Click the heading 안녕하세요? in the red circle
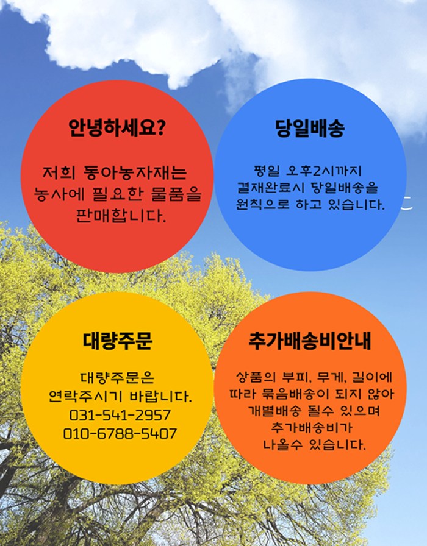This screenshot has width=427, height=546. [117, 128]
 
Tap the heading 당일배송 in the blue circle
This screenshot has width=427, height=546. [310, 128]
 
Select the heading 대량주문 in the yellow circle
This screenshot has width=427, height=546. [118, 340]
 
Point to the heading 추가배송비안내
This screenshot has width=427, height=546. [310, 340]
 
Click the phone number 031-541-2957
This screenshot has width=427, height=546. [120, 415]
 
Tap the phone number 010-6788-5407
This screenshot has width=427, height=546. [120, 433]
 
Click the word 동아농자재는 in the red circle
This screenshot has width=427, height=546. [135, 172]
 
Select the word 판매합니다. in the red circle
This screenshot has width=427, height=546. [121, 216]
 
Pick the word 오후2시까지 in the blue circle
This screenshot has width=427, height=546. [324, 171]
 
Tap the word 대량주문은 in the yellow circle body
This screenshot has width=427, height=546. [118, 378]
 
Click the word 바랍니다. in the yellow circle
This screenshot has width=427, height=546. [160, 396]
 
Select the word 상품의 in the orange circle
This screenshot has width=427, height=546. [256, 377]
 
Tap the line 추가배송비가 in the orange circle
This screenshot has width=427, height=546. [312, 427]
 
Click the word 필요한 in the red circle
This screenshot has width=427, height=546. [118, 194]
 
